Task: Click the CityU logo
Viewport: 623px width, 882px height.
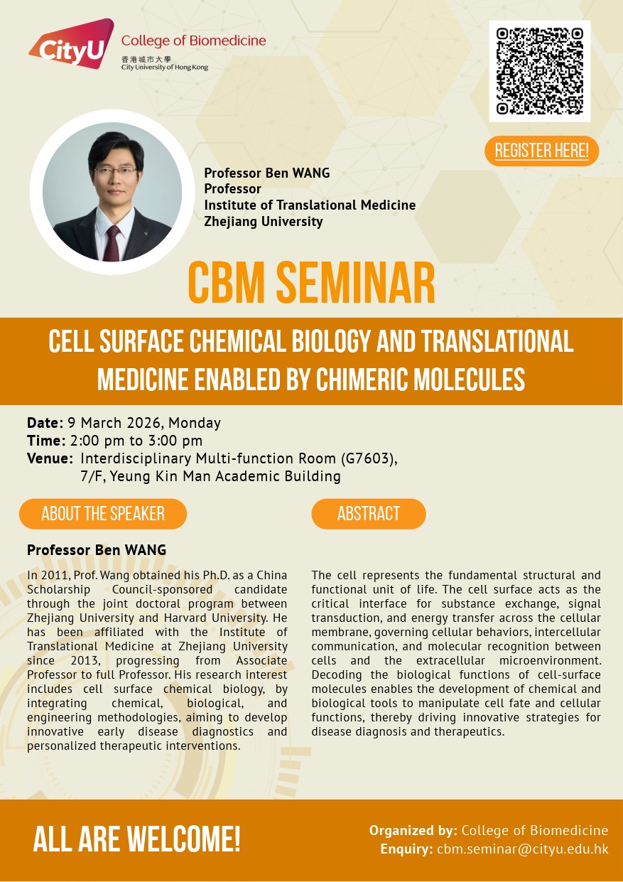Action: point(72,43)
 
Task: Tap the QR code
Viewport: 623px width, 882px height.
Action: point(540,71)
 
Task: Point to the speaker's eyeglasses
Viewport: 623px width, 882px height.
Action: point(116,171)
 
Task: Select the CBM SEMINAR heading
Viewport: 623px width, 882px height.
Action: point(311,283)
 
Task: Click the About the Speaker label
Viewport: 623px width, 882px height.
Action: point(103,513)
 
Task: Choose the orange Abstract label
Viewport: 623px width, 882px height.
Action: point(369,513)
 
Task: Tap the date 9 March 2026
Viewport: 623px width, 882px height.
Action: point(114,423)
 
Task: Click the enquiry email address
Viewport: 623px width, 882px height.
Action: point(523,849)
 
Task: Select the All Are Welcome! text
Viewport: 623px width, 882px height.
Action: point(136,839)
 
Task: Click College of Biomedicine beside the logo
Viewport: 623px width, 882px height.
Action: point(194,41)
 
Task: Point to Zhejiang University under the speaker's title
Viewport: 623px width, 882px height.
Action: point(264,221)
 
